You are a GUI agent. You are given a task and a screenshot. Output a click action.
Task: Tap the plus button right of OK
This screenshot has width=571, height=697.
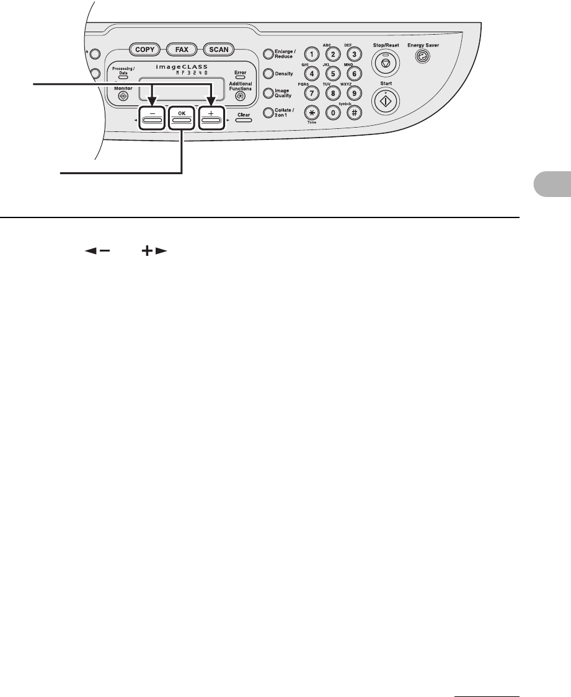coord(211,118)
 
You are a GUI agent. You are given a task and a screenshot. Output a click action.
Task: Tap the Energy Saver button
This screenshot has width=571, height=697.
coord(423,58)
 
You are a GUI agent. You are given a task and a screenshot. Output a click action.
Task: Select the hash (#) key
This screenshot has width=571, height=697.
coord(354,113)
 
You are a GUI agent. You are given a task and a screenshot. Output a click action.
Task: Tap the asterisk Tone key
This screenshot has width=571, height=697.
coord(312,113)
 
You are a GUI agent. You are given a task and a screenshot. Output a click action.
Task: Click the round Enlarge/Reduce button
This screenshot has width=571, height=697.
coord(268,54)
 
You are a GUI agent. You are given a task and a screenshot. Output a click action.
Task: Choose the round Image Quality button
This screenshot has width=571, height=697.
coord(268,93)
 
